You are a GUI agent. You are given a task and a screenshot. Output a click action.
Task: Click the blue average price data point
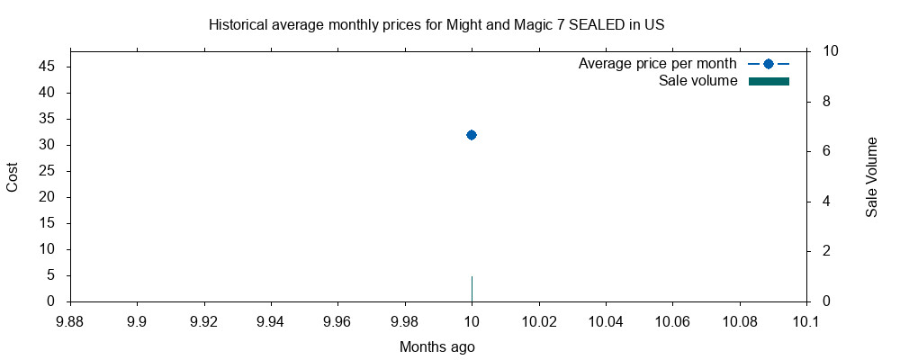click(x=471, y=135)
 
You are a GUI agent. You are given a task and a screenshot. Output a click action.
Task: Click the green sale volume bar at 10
click(x=472, y=289)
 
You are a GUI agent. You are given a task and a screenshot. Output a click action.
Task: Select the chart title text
click(x=436, y=24)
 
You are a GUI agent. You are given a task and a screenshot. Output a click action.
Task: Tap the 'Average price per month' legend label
click(x=657, y=64)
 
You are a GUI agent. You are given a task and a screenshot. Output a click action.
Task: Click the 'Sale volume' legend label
click(x=697, y=81)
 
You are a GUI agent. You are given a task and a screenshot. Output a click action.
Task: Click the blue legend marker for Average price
click(x=768, y=64)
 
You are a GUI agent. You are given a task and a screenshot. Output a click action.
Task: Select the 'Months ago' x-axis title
click(x=436, y=346)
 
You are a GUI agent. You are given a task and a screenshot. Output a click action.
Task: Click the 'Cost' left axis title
click(x=13, y=176)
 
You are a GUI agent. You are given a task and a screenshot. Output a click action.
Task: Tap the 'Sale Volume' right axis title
click(x=871, y=176)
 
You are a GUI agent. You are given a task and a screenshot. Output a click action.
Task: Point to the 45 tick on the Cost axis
click(x=48, y=67)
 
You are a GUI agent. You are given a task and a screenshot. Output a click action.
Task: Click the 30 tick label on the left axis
click(x=48, y=145)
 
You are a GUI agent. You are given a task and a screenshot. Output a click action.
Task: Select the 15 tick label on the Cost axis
click(x=48, y=223)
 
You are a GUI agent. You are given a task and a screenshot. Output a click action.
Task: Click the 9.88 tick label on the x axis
click(x=70, y=319)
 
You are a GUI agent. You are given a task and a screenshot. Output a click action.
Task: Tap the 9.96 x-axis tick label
click(x=337, y=319)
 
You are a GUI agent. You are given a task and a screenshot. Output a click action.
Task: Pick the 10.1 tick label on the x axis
click(x=806, y=319)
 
